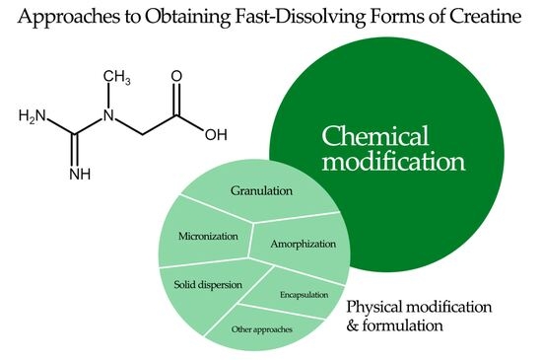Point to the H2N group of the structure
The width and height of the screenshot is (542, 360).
(x=34, y=118)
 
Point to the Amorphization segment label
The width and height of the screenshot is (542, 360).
(x=304, y=244)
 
